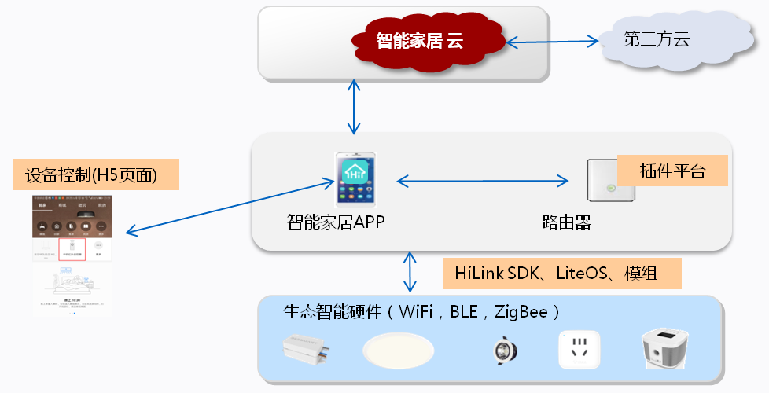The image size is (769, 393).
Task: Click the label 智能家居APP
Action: coord(336,223)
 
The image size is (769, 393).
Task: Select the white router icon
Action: coord(609,181)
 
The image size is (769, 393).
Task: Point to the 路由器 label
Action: coord(567,223)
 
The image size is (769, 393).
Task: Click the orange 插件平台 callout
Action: coord(672,171)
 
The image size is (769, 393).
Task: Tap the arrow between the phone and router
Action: coord(482,182)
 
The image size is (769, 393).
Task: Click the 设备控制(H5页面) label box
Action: coord(97,174)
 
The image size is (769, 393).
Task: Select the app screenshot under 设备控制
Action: coord(72,255)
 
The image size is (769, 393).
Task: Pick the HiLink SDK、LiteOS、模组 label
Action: coord(561,273)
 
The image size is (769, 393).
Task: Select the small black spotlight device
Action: coord(501,350)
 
